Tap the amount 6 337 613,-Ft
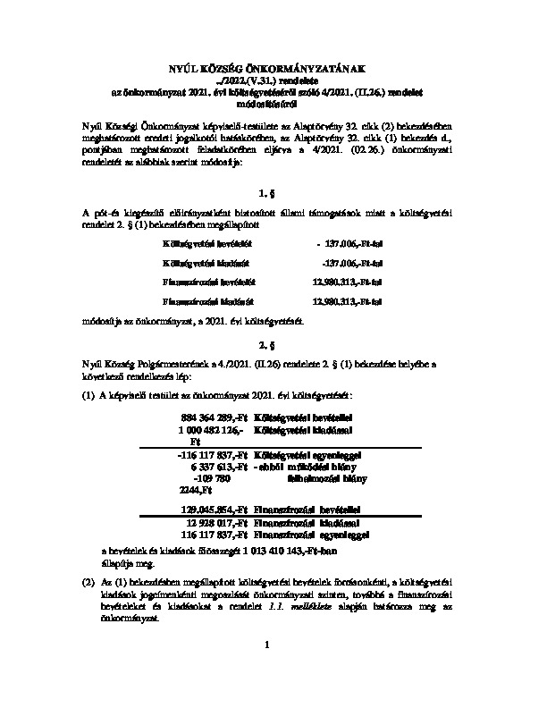[x=219, y=467]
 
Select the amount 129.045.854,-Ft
[x=215, y=508]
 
